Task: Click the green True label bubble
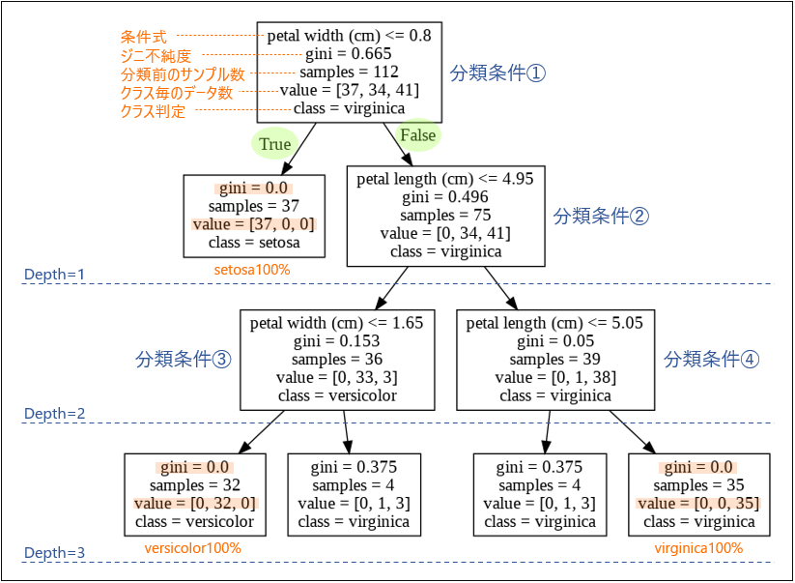pyautogui.click(x=274, y=144)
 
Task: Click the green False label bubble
pyautogui.click(x=417, y=135)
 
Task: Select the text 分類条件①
pyautogui.click(x=498, y=73)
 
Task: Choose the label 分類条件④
pyautogui.click(x=712, y=360)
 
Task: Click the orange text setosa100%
pyautogui.click(x=252, y=269)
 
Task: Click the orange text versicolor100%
pyautogui.click(x=192, y=548)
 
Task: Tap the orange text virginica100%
pyautogui.click(x=698, y=548)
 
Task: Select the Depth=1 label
pyautogui.click(x=54, y=275)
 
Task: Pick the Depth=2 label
pyautogui.click(x=54, y=414)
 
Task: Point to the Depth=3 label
pyautogui.click(x=54, y=553)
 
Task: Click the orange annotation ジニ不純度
pyautogui.click(x=156, y=56)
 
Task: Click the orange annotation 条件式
pyautogui.click(x=144, y=37)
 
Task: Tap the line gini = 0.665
pyautogui.click(x=349, y=54)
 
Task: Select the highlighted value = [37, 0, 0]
pyautogui.click(x=253, y=224)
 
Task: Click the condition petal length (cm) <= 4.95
pyautogui.click(x=445, y=179)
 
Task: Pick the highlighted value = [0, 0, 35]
pyautogui.click(x=698, y=504)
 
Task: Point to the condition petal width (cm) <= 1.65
pyautogui.click(x=336, y=323)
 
